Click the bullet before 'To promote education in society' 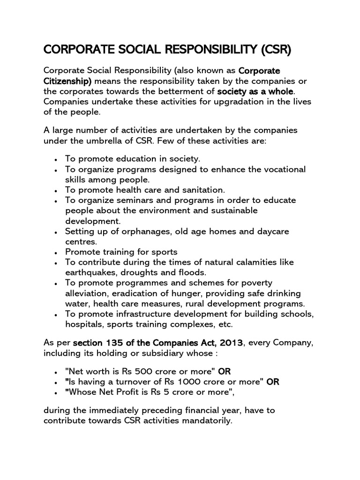coord(56,160)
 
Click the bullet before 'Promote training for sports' coord(56,253)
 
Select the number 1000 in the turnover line coord(185,382)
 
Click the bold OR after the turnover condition coord(273,382)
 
